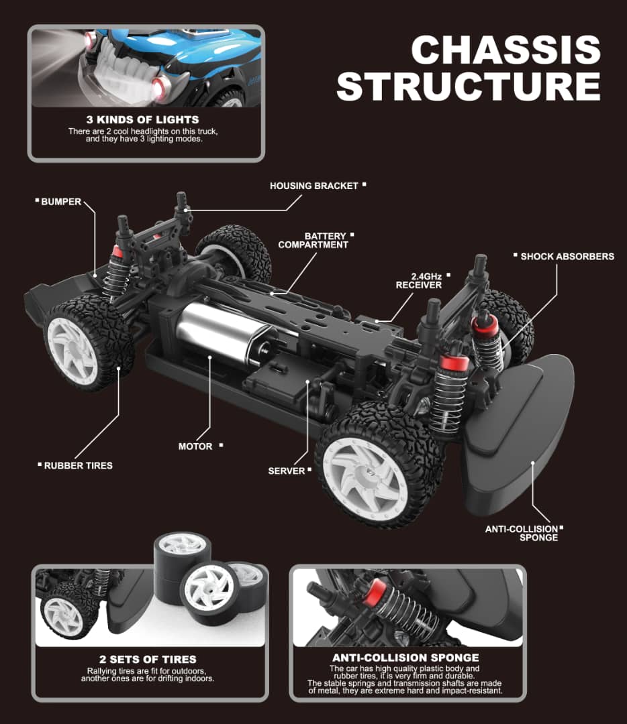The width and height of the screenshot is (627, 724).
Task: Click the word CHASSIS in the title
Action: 505,50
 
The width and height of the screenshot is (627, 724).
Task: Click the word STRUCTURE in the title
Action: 469,86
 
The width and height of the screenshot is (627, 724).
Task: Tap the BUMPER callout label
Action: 61,201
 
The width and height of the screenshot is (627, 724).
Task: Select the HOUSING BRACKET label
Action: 313,186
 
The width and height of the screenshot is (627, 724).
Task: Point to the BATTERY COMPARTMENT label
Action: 313,241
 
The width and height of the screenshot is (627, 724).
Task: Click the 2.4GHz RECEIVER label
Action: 418,280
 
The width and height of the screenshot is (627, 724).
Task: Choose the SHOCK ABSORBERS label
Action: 567,256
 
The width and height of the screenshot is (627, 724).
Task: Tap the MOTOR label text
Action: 195,446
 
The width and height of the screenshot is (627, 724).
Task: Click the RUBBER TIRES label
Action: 78,465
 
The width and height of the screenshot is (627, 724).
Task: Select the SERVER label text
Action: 286,471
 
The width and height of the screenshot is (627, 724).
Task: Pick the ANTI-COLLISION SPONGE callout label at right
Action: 522,533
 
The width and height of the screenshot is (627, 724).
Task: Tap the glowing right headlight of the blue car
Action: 160,88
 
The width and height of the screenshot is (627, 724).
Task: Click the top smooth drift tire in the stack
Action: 181,544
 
